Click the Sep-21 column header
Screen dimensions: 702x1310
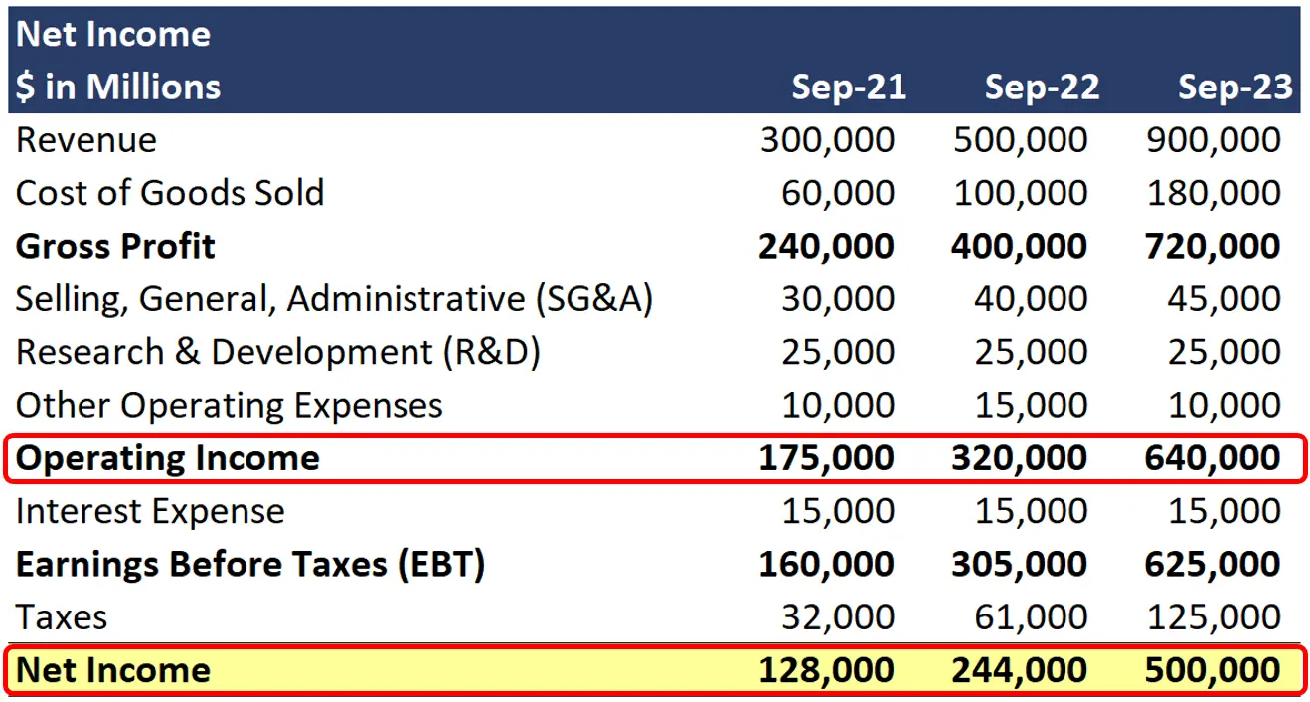(x=849, y=88)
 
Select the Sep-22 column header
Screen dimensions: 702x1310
(x=1042, y=88)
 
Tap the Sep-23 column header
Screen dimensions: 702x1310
(x=1234, y=88)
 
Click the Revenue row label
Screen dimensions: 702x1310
(x=86, y=140)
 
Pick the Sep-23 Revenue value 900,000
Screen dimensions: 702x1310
(x=1213, y=140)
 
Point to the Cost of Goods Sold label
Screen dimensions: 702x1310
(x=170, y=193)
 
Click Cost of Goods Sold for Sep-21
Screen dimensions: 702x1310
(x=838, y=193)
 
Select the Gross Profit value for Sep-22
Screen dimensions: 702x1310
(x=1019, y=246)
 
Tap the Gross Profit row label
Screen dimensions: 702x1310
(x=115, y=246)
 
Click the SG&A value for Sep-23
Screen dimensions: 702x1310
(x=1225, y=298)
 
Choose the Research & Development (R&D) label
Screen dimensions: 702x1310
(x=278, y=352)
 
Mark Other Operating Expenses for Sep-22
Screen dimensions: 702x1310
(x=1032, y=405)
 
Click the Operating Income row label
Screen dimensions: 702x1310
(x=169, y=458)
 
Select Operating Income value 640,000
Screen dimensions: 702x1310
(x=1213, y=458)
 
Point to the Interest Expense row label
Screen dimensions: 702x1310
(x=150, y=511)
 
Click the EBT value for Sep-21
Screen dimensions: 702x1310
(x=826, y=565)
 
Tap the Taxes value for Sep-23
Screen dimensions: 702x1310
(x=1213, y=617)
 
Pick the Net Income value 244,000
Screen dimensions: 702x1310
(x=1019, y=670)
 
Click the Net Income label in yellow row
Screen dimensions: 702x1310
(x=114, y=670)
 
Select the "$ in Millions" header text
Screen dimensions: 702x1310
(x=118, y=87)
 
